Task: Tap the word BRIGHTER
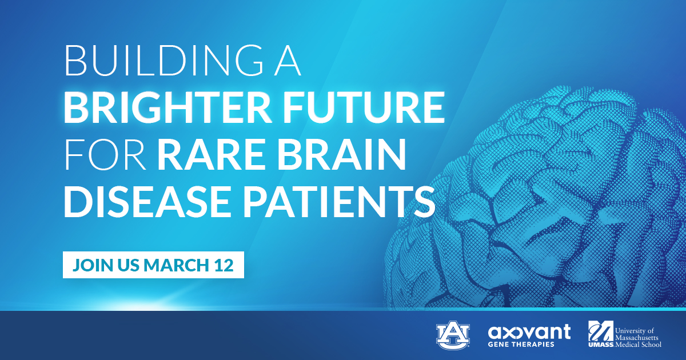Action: click(x=166, y=107)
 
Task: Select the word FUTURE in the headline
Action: click(x=364, y=107)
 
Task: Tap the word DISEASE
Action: click(x=147, y=201)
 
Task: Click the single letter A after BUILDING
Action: click(x=288, y=61)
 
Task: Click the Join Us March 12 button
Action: click(x=153, y=265)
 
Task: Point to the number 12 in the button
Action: click(x=224, y=265)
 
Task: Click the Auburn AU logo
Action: click(x=453, y=335)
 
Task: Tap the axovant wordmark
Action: click(x=529, y=332)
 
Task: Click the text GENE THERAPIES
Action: click(x=521, y=345)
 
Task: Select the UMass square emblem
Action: click(x=601, y=331)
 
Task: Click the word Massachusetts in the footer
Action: click(x=637, y=338)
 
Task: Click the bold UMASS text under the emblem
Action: click(x=601, y=345)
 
